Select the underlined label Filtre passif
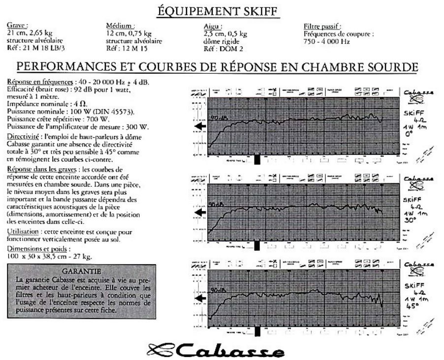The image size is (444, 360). (x=323, y=26)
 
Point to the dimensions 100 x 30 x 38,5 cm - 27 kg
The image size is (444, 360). (x=50, y=257)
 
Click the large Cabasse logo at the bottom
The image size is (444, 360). (x=217, y=350)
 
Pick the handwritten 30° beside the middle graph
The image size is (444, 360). (x=410, y=221)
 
